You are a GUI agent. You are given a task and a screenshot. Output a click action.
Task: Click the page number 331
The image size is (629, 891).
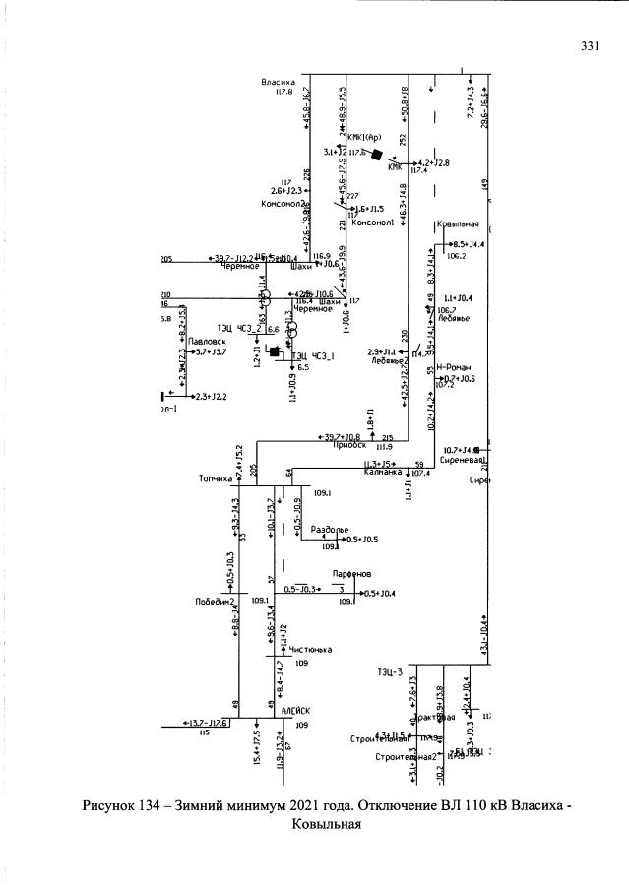(591, 46)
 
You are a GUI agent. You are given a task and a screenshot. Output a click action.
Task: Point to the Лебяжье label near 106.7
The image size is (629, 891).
(454, 318)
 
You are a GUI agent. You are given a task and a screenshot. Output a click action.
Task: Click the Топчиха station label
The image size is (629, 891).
(215, 479)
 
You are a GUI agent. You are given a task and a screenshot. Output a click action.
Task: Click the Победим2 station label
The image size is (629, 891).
(214, 600)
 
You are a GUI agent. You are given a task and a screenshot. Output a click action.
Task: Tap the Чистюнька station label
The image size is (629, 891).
(311, 650)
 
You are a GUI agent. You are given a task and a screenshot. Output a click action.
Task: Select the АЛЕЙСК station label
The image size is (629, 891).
(295, 710)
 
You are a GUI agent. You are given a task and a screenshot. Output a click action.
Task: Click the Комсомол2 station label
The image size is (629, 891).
(278, 204)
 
